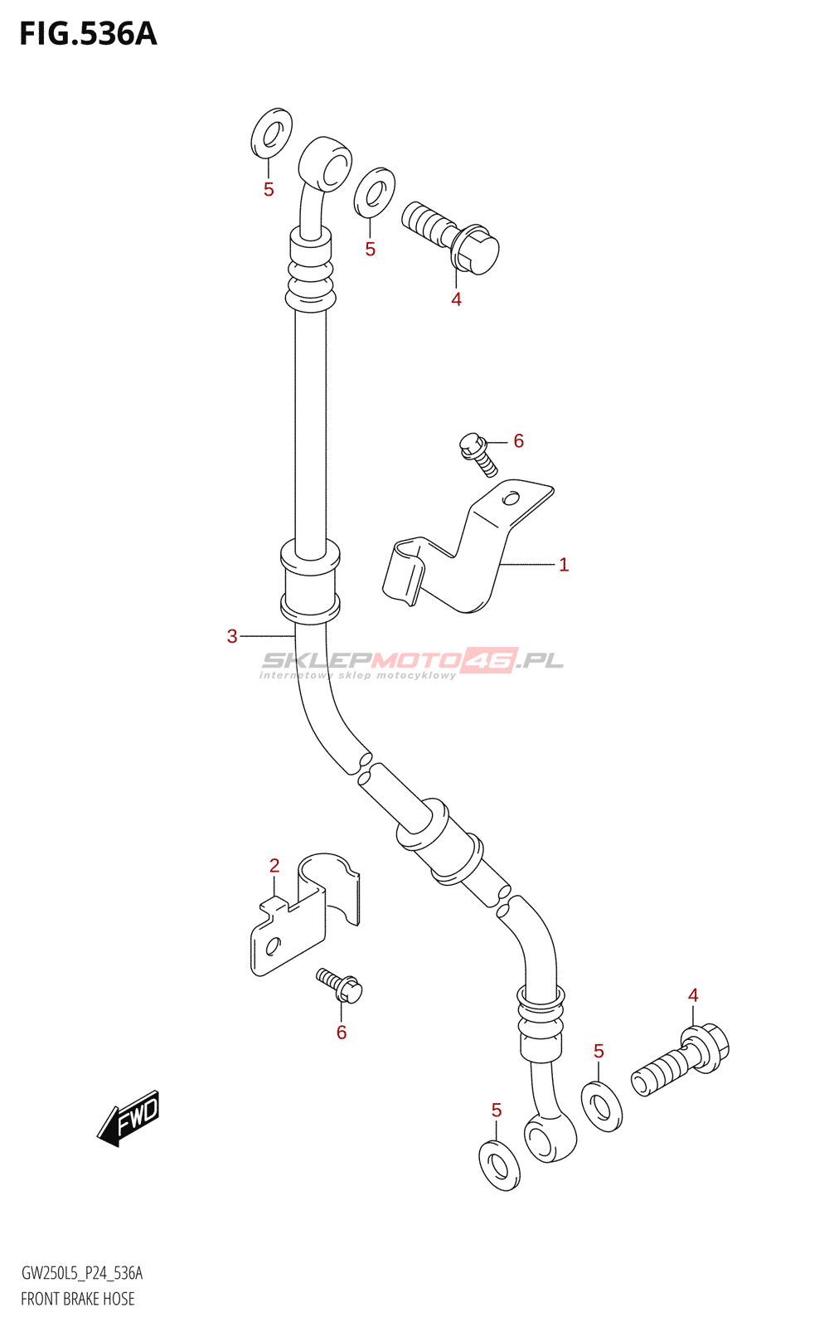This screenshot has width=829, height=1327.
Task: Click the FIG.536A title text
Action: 88,34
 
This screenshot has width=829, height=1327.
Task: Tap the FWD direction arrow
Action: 128,1118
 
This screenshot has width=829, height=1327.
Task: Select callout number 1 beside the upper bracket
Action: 564,565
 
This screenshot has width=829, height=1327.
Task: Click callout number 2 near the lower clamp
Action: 274,866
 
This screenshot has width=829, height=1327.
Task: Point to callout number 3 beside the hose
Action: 232,636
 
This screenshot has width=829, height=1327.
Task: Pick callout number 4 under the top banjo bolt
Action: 456,299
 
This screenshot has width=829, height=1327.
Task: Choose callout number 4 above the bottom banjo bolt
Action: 693,995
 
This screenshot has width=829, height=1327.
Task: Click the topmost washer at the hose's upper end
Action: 272,133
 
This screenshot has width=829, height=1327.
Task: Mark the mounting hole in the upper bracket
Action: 511,498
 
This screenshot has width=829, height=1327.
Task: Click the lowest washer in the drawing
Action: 499,1165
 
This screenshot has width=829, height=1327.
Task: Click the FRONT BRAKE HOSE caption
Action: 78,1299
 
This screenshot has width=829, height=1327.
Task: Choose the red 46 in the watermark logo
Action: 490,660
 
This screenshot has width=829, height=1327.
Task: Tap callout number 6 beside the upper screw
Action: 519,441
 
